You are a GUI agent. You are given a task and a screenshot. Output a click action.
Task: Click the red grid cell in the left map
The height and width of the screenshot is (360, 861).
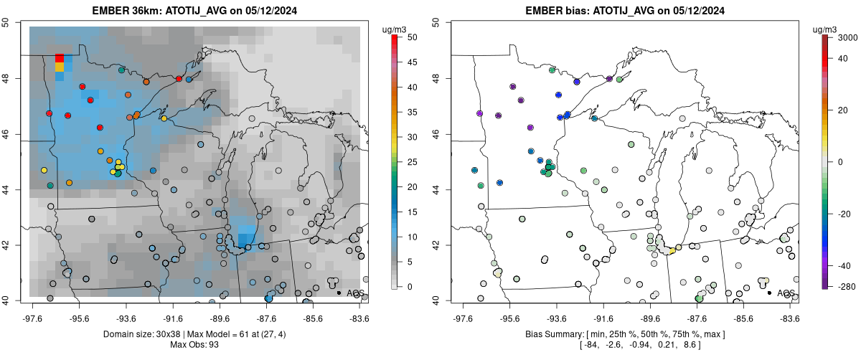60,57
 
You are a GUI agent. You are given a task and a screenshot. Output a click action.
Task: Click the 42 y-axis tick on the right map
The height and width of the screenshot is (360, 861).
439,245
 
